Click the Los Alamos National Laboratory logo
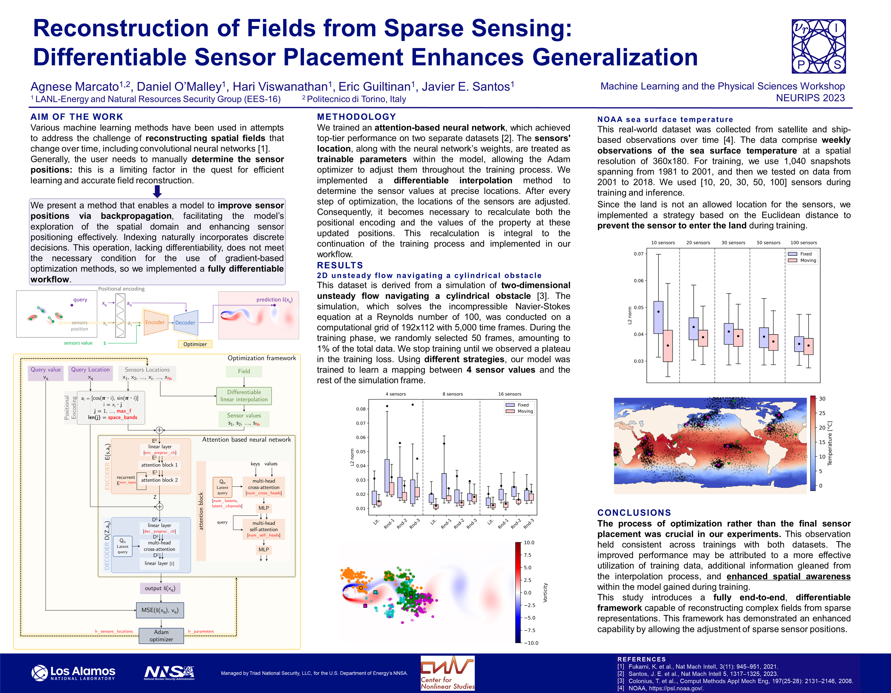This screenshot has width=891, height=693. click(73, 673)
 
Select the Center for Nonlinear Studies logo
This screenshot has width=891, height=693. click(448, 673)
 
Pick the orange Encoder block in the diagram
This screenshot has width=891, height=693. click(155, 322)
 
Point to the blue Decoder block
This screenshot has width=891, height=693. click(186, 323)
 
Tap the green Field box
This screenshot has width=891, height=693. click(244, 371)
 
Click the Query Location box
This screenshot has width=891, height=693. click(90, 373)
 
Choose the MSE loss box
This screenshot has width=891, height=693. click(160, 610)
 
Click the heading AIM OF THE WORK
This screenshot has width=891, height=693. click(77, 117)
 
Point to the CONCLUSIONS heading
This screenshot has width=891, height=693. click(634, 513)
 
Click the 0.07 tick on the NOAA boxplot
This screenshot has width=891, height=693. click(638, 254)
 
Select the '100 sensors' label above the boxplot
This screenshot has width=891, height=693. click(804, 243)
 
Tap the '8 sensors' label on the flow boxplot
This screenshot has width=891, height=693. click(452, 394)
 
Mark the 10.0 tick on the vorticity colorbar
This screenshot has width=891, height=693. click(529, 543)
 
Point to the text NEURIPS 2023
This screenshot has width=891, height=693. click(810, 98)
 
